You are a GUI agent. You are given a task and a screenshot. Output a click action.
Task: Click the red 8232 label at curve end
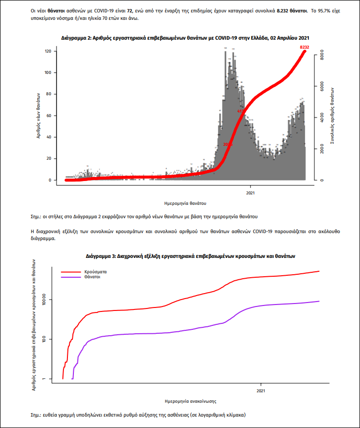point(304,47)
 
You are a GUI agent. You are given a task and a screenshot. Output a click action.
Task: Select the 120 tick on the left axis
point(48,52)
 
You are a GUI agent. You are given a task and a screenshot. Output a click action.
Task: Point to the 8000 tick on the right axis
point(321,56)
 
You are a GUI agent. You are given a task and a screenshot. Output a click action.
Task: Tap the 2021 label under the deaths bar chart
point(251,193)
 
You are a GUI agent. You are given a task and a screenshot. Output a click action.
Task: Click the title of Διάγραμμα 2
point(185,38)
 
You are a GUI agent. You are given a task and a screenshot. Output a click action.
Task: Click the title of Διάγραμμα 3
point(189,256)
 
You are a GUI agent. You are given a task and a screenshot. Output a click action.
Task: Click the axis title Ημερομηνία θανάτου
point(185,203)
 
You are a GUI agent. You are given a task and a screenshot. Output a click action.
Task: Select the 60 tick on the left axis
point(49,116)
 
